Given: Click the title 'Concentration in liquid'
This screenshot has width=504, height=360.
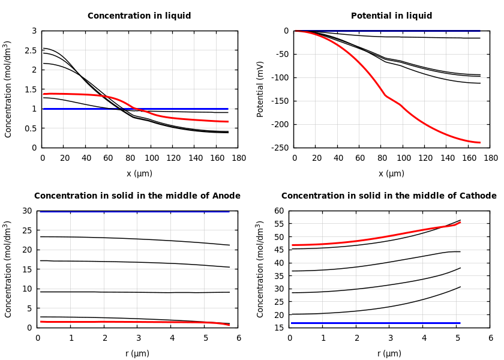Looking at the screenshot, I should (139, 16).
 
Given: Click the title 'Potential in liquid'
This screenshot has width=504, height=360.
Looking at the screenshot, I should (391, 16).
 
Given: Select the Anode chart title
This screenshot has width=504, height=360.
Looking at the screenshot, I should (137, 196).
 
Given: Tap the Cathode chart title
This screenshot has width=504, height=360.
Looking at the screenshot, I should (389, 196).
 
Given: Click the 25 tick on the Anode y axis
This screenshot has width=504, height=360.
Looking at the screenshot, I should (26, 230).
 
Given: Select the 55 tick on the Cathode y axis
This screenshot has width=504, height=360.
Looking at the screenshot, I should (278, 224).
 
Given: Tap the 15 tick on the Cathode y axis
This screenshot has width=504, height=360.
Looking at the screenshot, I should (278, 328).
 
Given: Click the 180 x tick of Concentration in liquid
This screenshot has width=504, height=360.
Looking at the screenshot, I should (239, 158).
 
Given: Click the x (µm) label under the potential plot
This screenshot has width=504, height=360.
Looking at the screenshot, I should (391, 174).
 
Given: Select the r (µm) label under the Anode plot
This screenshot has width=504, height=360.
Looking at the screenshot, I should (137, 354).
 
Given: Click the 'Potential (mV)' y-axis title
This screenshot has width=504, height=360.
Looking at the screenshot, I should (260, 89).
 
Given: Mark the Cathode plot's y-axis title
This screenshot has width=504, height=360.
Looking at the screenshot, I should (260, 269).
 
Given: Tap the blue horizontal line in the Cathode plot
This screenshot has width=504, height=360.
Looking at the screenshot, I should (372, 323).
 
